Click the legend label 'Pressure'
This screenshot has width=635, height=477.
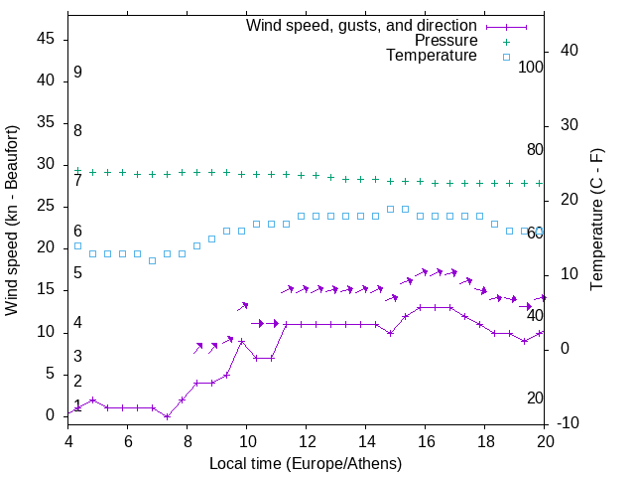pos(445,41)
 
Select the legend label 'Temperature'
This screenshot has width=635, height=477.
pos(432,56)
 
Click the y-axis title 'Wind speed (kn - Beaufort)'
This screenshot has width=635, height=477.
pos(12,221)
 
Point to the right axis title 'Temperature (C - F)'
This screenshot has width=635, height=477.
pos(596,221)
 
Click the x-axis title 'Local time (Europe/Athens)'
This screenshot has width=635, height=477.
pos(306,463)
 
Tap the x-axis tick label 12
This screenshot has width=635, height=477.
pos(307,440)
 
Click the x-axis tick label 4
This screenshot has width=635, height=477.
pos(68,440)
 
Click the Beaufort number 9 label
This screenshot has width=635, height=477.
pos(77,73)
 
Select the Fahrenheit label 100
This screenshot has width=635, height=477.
pos(531,68)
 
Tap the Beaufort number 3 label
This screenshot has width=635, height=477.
pos(77,356)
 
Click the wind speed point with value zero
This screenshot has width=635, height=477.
pos(167,415)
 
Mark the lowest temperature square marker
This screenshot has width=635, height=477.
pos(152,260)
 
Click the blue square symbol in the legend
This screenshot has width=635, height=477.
pos(506,57)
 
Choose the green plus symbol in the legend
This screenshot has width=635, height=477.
pos(506,41)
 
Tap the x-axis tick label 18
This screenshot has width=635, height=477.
pos(485,440)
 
